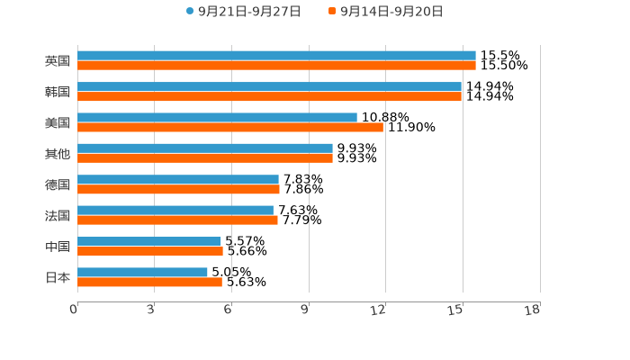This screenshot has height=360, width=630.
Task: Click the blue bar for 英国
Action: tap(276, 56)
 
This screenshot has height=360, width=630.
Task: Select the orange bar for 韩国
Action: tap(269, 96)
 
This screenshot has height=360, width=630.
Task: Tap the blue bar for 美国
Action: tap(217, 117)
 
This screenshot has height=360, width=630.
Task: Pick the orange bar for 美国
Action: tap(230, 127)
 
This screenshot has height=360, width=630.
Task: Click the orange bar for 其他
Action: tap(205, 158)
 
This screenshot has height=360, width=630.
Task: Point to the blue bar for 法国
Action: tap(175, 210)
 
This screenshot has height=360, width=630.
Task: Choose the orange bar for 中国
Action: tap(150, 251)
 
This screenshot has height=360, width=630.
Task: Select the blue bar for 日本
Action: tap(142, 272)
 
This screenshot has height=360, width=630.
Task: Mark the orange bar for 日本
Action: tap(149, 282)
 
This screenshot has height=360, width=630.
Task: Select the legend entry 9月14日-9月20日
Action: tap(391, 12)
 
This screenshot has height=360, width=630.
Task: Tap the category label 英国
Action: tap(58, 61)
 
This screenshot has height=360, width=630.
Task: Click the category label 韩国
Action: tap(58, 92)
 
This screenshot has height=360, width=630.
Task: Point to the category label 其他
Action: tap(58, 154)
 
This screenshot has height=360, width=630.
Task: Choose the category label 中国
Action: tap(58, 247)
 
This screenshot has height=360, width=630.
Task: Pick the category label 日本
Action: tap(58, 277)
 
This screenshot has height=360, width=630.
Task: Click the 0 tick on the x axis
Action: tap(75, 310)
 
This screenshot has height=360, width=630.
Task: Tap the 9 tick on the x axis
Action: tap(306, 310)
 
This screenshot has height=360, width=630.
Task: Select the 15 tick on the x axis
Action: tap(458, 310)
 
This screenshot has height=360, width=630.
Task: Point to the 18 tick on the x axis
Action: tap(533, 310)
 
